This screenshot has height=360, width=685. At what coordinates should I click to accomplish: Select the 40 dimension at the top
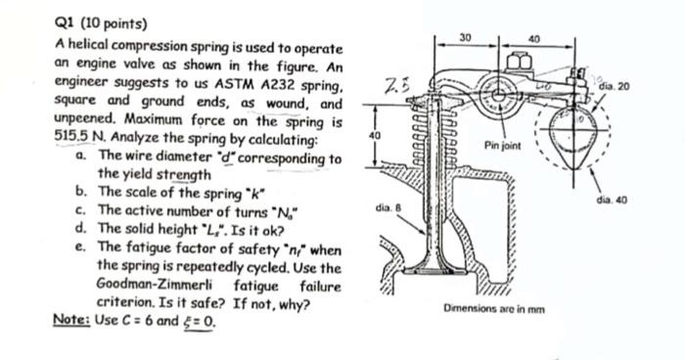click(533, 38)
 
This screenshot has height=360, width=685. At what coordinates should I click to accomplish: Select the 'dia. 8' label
click(387, 207)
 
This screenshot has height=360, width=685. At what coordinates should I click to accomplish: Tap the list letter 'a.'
click(78, 156)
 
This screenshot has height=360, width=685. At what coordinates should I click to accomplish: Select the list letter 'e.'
click(78, 248)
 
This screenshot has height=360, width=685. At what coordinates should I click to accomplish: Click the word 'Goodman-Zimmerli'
click(146, 285)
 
